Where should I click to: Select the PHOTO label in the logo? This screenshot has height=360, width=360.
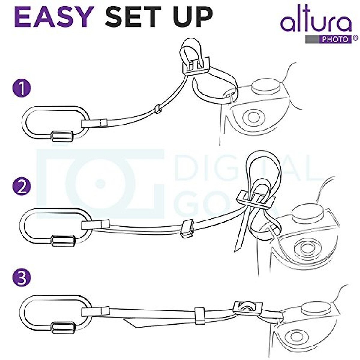click(337, 39)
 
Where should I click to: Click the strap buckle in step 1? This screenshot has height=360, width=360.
click(196, 66)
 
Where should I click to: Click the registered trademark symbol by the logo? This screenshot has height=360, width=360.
click(355, 38)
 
